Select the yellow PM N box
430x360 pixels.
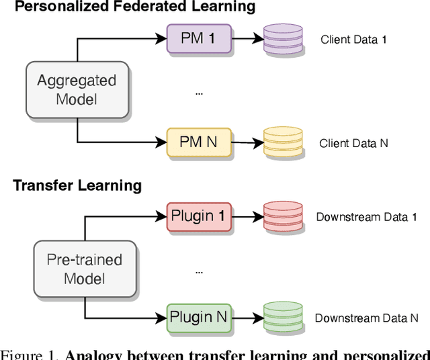(199, 142)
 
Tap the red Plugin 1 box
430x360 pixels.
(199, 216)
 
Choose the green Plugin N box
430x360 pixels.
(199, 317)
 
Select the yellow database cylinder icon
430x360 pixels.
(283, 142)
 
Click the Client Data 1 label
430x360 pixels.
(353, 40)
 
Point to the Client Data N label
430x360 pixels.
(353, 143)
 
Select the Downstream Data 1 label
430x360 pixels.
(367, 217)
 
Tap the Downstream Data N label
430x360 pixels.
(367, 318)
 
